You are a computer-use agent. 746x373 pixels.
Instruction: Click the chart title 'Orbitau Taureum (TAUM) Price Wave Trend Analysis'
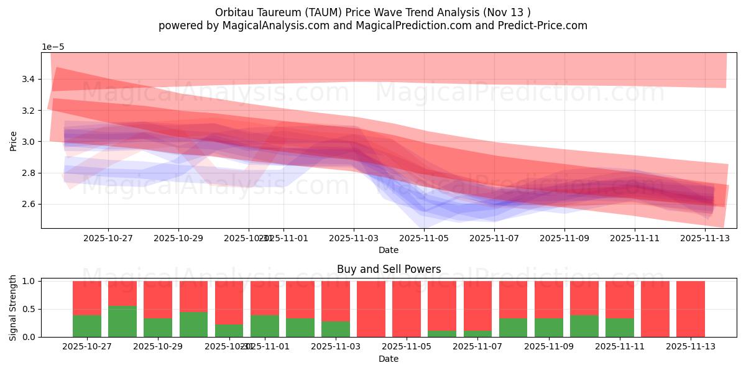pos(373,12)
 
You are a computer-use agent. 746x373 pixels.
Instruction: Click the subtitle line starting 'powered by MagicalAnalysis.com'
pos(373,25)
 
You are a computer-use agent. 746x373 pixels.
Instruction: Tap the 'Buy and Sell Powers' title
pos(389,269)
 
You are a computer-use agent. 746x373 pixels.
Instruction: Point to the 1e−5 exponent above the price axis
pos(53,47)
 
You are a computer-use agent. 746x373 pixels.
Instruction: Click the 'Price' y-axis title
pos(14,140)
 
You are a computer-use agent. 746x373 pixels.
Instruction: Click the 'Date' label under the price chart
pos(389,250)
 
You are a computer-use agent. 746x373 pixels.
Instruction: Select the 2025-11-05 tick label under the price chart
pos(424,237)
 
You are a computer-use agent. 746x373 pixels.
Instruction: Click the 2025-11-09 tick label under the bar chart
pos(549,346)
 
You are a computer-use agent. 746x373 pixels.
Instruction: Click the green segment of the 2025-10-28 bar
pos(122,321)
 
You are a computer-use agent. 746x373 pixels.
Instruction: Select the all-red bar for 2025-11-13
pos(691,309)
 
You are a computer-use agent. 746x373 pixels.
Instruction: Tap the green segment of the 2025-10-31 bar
pos(229,331)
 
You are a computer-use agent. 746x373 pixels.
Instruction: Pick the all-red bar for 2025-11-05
pos(407,309)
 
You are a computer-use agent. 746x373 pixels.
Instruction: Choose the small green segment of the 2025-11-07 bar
pos(477,334)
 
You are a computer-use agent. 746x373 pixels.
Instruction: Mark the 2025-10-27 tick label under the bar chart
pos(87,346)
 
